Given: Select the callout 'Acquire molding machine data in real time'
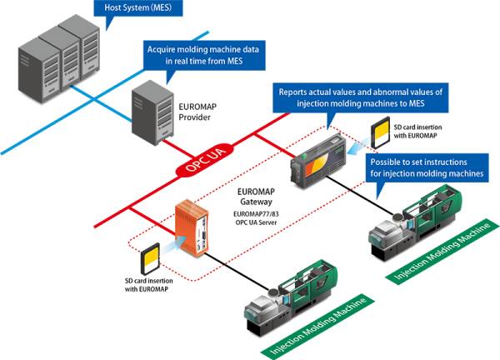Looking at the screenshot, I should (203, 55).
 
